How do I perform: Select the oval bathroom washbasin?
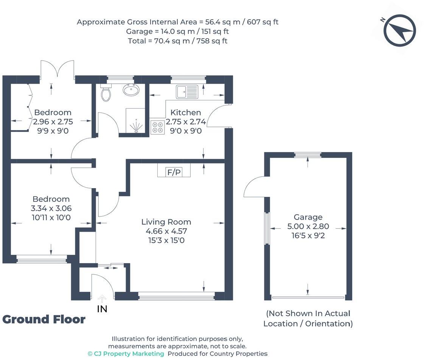point(131,90)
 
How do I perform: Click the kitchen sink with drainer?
point(187,92)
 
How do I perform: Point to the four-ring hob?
point(158,128)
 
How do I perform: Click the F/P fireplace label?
point(174,172)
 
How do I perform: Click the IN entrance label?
point(102,309)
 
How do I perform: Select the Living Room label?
point(166,222)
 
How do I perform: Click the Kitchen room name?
point(185,112)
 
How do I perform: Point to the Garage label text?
point(308,217)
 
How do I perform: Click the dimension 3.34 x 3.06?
point(51,208)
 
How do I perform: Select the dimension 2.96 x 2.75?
point(53,122)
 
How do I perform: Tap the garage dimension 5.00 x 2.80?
point(308,226)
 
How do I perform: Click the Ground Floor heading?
point(44,319)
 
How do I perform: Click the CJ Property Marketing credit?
point(126,354)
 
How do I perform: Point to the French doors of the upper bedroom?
point(57,69)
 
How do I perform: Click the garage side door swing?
point(255,187)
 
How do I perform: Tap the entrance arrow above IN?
point(102,299)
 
